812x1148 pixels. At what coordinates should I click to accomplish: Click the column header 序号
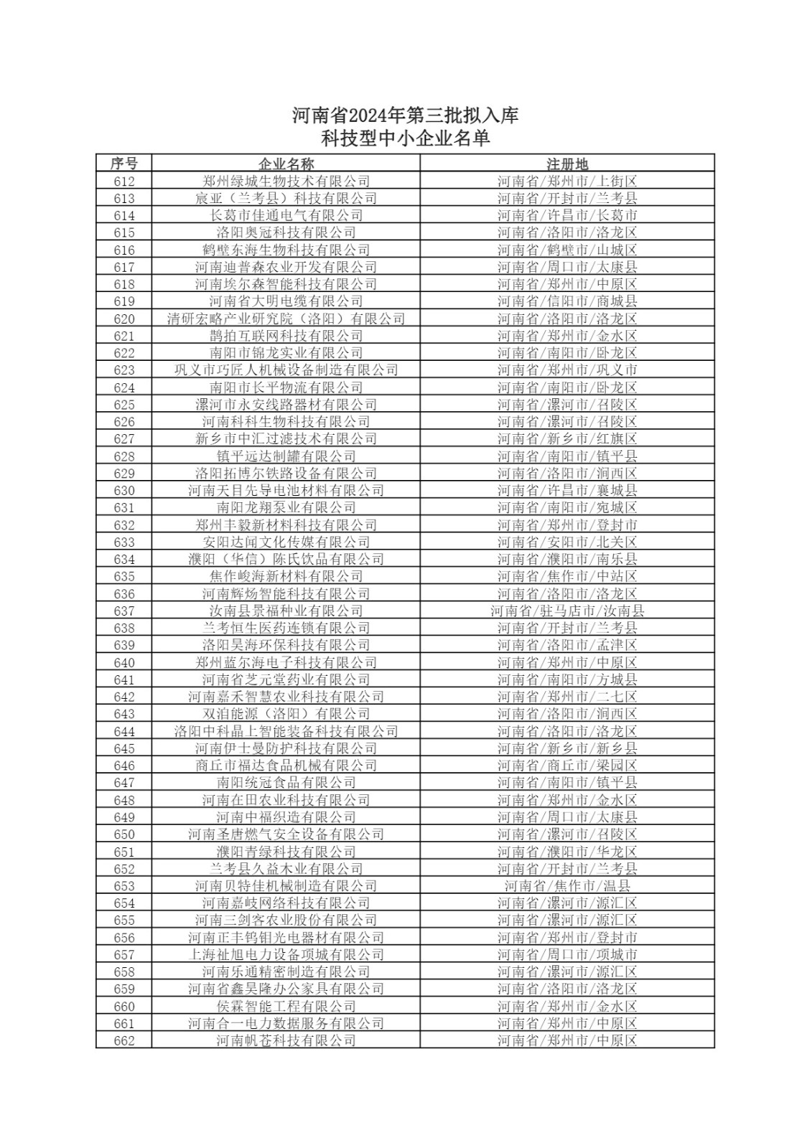(x=123, y=164)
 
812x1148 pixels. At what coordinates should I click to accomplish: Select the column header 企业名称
(x=286, y=164)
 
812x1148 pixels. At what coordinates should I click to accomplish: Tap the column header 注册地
(x=567, y=164)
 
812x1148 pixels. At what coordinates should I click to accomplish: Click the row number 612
(x=123, y=182)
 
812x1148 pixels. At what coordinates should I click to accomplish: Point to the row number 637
(x=123, y=611)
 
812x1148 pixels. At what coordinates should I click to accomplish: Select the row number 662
(x=123, y=1041)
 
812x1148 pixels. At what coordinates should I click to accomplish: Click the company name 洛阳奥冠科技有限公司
(x=286, y=232)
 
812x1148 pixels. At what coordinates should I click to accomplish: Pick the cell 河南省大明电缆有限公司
(x=286, y=301)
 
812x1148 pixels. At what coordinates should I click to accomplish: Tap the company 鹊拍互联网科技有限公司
(x=286, y=336)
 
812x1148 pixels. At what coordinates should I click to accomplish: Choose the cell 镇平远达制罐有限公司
(x=286, y=456)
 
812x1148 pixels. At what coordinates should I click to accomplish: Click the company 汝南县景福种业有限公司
(x=286, y=611)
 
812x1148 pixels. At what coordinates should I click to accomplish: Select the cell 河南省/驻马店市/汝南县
(x=567, y=611)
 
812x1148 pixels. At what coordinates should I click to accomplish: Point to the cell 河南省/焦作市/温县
(x=567, y=886)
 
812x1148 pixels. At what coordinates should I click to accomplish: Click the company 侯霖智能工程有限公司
(x=286, y=1007)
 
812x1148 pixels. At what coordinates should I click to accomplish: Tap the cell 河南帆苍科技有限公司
(x=286, y=1041)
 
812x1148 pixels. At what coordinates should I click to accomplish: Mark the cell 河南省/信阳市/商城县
(x=567, y=301)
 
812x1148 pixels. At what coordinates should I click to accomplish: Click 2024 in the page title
(x=367, y=115)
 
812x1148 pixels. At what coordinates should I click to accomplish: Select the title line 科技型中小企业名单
(x=406, y=138)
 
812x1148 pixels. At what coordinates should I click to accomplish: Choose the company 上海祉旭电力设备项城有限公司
(x=286, y=955)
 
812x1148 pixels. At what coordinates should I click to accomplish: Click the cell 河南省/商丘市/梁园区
(x=567, y=766)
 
